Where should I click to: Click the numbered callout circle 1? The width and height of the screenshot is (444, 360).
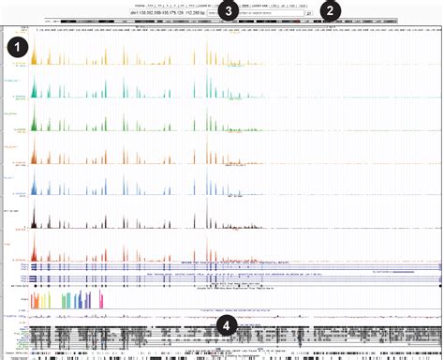click(17, 46)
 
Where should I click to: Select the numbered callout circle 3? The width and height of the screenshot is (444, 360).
click(229, 10)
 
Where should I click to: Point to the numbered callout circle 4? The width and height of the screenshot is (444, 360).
click(225, 325)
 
